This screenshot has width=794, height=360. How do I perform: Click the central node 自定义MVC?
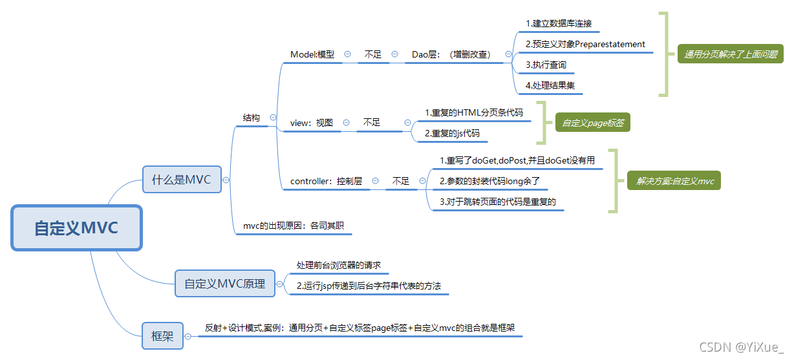click(x=76, y=228)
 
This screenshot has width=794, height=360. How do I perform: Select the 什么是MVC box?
click(x=182, y=180)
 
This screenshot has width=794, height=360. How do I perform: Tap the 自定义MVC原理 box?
click(x=224, y=283)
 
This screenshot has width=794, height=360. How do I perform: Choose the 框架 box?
click(x=162, y=336)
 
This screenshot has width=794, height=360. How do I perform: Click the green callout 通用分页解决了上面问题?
click(x=731, y=54)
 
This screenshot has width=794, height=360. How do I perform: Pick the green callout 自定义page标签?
click(x=592, y=122)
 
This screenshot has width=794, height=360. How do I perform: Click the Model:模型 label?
click(x=312, y=54)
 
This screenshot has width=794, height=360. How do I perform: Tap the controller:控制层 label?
click(x=326, y=181)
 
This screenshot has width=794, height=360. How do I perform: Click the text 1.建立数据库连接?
click(x=558, y=23)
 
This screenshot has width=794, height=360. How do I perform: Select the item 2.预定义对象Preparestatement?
click(x=585, y=44)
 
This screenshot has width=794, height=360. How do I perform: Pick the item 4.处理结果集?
click(x=550, y=85)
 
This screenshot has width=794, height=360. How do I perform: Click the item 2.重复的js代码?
click(x=452, y=133)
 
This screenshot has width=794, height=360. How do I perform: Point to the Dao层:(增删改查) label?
click(x=451, y=54)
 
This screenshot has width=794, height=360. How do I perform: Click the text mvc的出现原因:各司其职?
click(x=293, y=226)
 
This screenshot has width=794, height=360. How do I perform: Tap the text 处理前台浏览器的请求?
click(x=339, y=265)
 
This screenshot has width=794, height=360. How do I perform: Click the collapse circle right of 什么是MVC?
click(x=226, y=180)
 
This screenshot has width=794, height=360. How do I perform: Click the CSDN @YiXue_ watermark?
click(x=741, y=347)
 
